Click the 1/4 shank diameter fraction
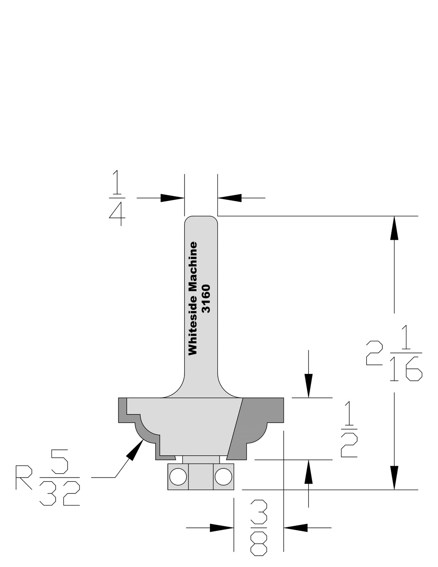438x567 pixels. coord(117,198)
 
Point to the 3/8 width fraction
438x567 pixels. coord(258,528)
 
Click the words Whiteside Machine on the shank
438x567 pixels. coord(193,298)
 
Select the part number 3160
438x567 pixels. coord(206,298)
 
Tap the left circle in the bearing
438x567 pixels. coord(178,476)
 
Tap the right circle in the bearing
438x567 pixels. coord(223,476)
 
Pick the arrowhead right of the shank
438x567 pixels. coord(229,198)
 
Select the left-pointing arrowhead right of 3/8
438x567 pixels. coord(296,528)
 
